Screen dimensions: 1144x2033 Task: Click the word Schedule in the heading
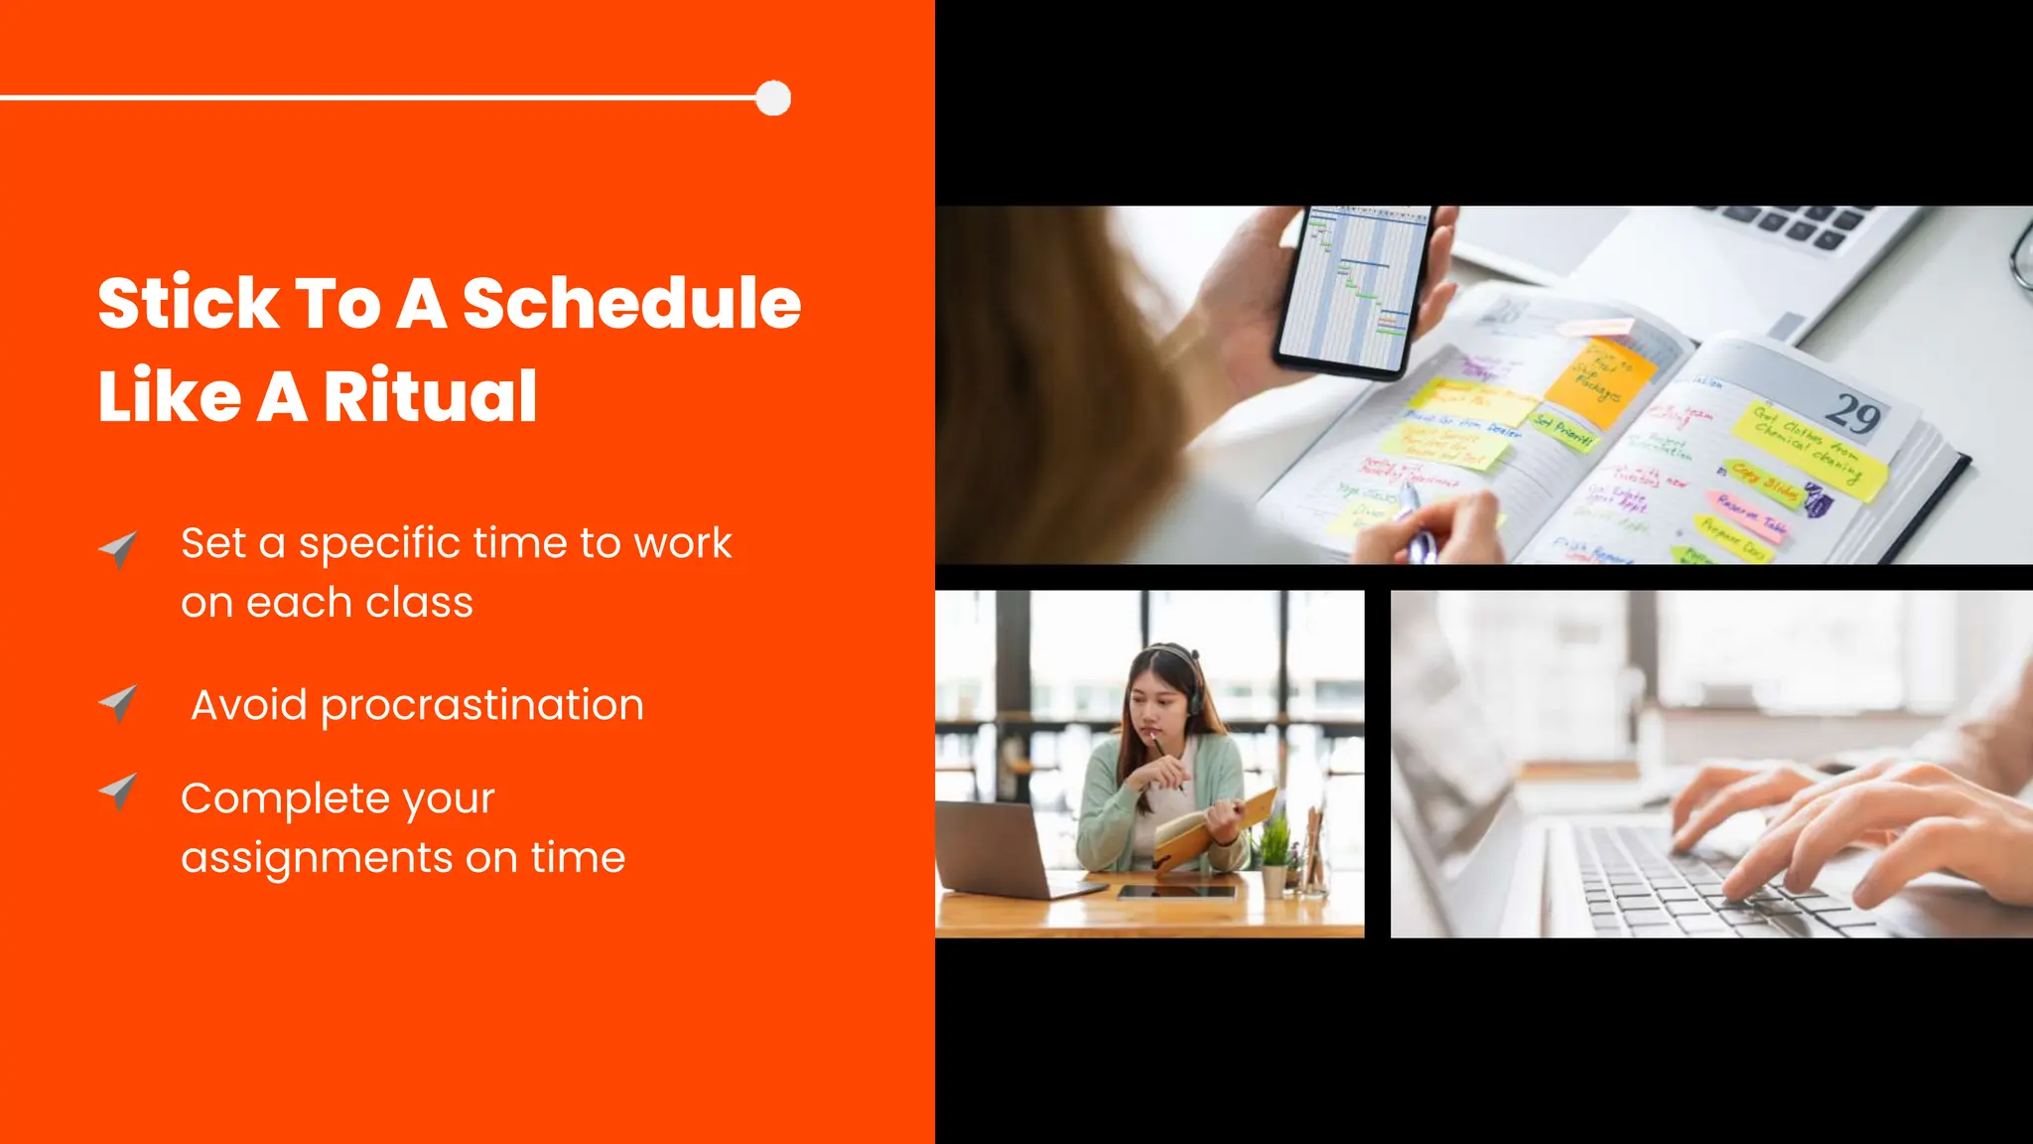pos(631,303)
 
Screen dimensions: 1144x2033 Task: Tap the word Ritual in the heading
pos(430,396)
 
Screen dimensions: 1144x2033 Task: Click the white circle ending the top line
pos(773,98)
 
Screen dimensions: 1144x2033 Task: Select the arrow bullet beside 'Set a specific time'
pos(119,548)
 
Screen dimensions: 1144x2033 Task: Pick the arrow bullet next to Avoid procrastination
pos(119,703)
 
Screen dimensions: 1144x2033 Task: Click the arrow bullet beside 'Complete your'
pos(119,791)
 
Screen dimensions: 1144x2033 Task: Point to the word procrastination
pos(481,706)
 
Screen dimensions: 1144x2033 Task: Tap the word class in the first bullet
pos(419,603)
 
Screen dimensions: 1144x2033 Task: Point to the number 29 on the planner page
pos(1852,414)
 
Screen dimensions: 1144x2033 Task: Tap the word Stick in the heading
pos(189,303)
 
